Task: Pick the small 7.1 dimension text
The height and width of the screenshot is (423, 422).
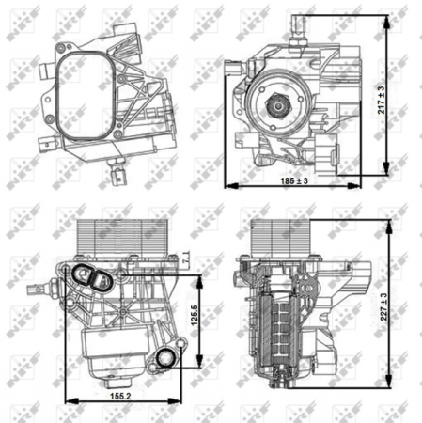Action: tap(187, 251)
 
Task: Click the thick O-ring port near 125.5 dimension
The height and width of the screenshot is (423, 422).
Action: tap(167, 357)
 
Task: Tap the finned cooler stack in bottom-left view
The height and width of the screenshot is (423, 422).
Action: tap(108, 240)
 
